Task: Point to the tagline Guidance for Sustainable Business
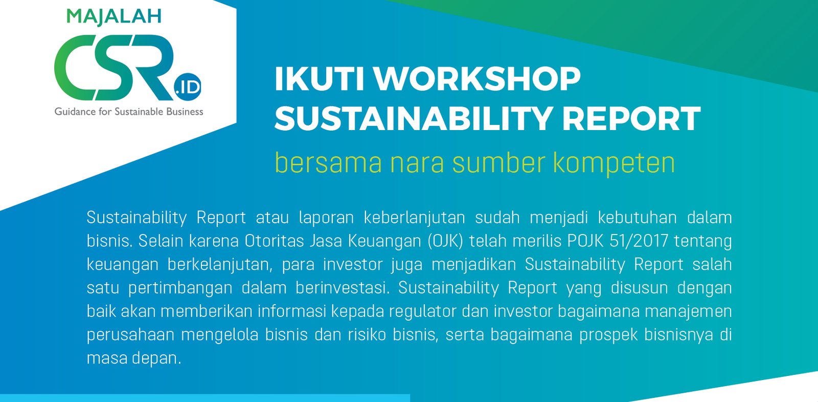129,112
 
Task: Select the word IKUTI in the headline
319,79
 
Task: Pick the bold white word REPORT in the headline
631,118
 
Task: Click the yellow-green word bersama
328,163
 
